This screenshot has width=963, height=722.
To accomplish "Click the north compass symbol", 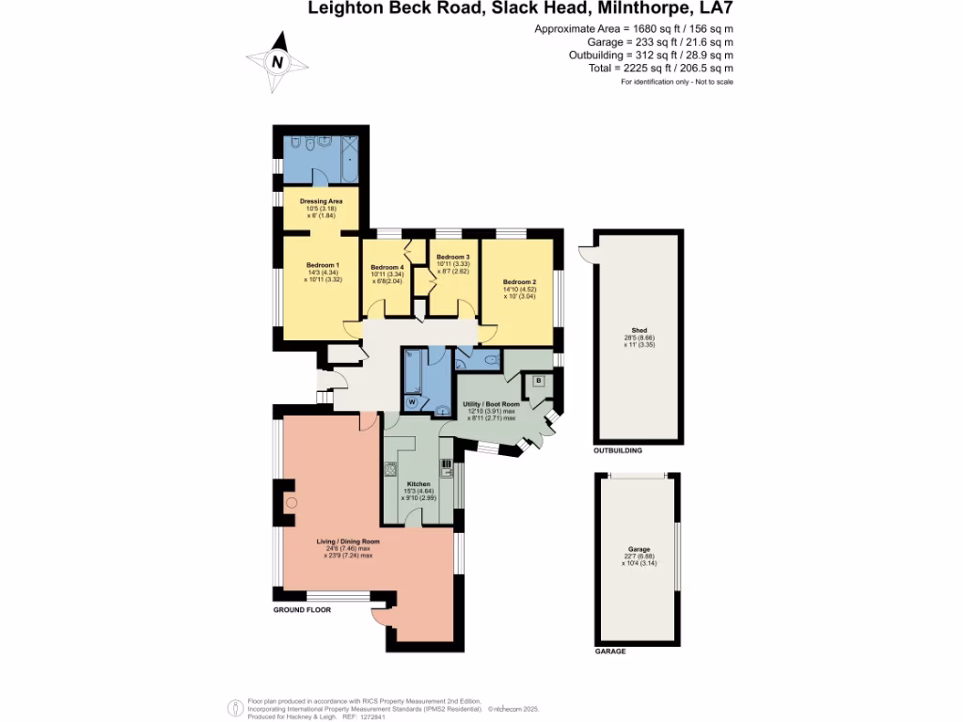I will [277, 61].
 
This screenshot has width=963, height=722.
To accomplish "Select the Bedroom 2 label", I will [519, 282].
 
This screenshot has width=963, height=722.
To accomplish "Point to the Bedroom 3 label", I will [453, 257].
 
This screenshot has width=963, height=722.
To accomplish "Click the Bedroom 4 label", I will [387, 267].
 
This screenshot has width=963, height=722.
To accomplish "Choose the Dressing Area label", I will [321, 201].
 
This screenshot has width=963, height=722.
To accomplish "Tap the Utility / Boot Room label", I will [491, 404].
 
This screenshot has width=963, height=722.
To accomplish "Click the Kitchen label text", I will [418, 484].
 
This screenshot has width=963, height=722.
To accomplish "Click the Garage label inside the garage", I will [639, 549].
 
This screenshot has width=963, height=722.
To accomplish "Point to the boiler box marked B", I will [538, 380].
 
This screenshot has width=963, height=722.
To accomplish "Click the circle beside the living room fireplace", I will [292, 504].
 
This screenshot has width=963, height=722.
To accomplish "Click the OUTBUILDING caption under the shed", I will [618, 451].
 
